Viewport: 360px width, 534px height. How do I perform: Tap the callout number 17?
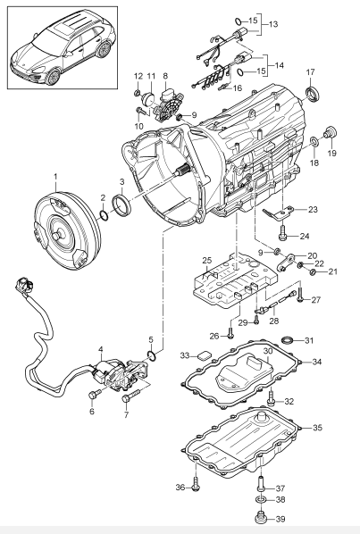(x=310, y=72)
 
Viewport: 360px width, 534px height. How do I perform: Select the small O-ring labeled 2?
(x=104, y=215)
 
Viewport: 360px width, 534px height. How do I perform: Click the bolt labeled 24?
(x=282, y=233)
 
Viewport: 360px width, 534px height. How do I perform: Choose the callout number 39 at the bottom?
(x=280, y=520)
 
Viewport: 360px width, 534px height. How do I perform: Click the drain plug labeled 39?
(x=261, y=518)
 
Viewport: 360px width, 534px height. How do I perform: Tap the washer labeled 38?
(x=261, y=500)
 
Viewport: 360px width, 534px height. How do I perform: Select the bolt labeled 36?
(x=196, y=483)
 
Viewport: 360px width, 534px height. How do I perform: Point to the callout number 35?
(x=317, y=428)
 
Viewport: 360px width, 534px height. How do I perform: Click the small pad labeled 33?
(x=204, y=355)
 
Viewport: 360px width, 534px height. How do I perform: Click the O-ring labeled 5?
(x=152, y=355)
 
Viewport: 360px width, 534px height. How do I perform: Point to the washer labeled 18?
(x=314, y=141)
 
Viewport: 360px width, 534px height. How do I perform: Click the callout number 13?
(x=273, y=24)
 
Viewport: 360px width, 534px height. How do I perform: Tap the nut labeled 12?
(x=137, y=92)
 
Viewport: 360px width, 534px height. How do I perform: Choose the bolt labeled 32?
(x=272, y=398)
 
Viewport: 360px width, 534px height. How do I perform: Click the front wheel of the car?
(x=52, y=77)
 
